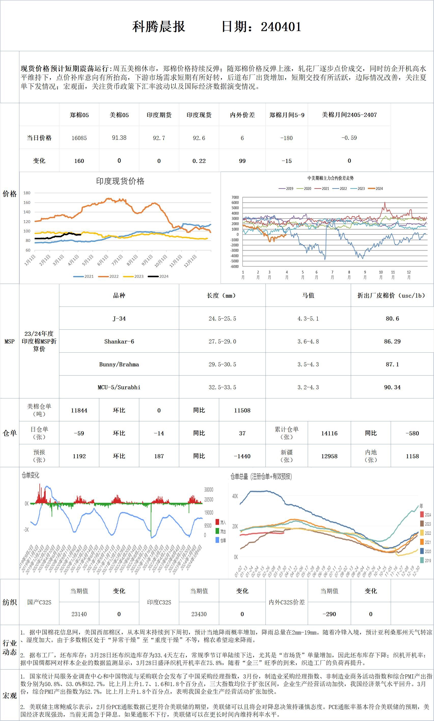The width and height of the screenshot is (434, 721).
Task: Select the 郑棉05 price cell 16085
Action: (79, 138)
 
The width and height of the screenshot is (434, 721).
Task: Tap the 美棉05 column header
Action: (119, 115)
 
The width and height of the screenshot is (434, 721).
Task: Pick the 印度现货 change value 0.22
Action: (199, 161)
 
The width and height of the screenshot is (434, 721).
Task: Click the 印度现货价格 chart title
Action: (120, 181)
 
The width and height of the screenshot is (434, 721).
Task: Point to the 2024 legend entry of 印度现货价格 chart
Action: (158, 276)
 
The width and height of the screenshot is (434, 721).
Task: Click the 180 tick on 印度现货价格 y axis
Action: (27, 193)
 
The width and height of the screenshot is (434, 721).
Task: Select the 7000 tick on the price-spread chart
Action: (235, 197)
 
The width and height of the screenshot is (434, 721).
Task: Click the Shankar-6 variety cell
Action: (119, 341)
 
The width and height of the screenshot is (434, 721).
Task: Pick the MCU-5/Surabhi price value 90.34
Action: (392, 387)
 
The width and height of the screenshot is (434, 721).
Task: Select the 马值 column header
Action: (308, 295)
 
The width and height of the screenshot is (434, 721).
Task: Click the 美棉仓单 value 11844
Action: (79, 410)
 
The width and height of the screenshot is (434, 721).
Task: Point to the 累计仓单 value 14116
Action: (329, 433)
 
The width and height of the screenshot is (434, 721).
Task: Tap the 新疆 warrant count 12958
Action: (329, 456)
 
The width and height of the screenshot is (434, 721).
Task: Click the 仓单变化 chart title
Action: (30, 475)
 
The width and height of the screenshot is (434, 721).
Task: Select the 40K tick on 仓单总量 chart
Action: (235, 496)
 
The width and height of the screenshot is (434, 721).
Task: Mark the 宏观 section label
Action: (9, 696)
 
